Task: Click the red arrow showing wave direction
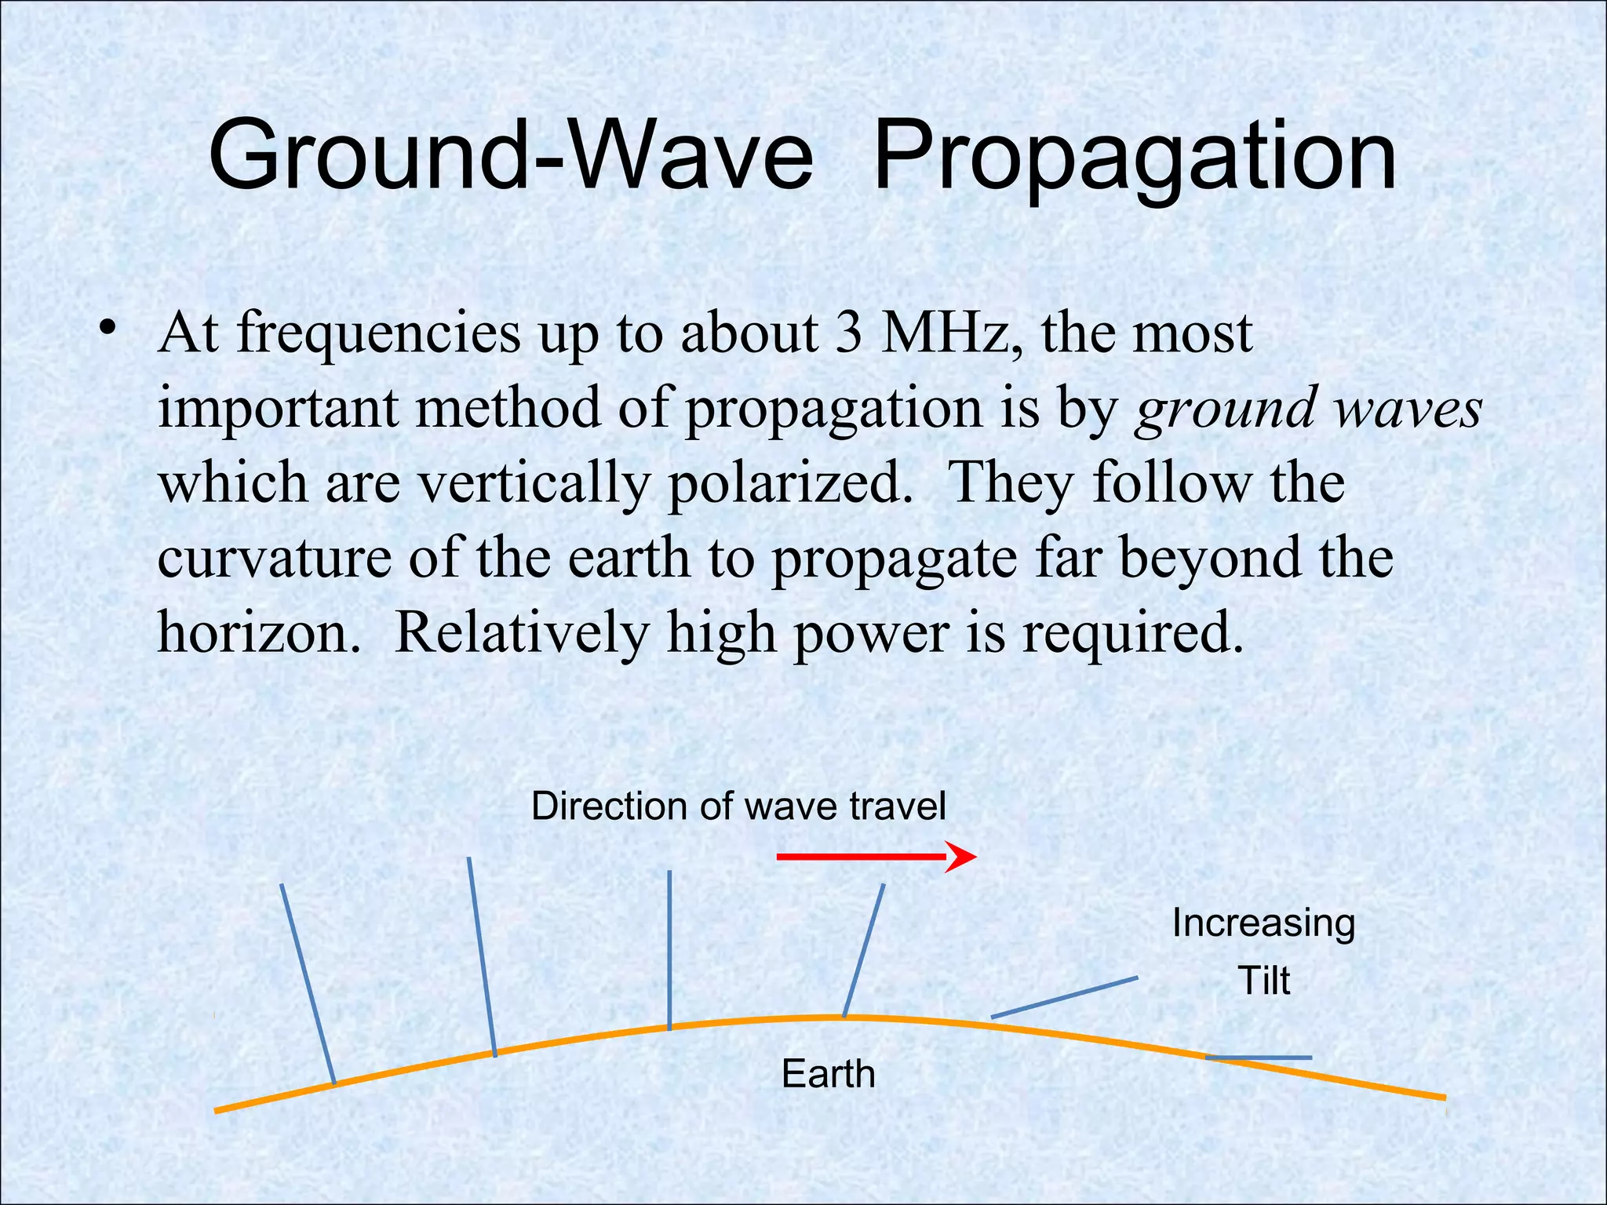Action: click(875, 857)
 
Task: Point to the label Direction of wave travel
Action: click(738, 806)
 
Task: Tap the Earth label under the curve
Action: click(828, 1074)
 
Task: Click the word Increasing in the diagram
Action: click(1263, 923)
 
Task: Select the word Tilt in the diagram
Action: click(1263, 981)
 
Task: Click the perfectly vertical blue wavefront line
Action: click(669, 949)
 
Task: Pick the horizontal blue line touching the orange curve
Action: click(1259, 1058)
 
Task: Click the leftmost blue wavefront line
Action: click(308, 984)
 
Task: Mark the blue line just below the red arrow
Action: click(864, 950)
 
